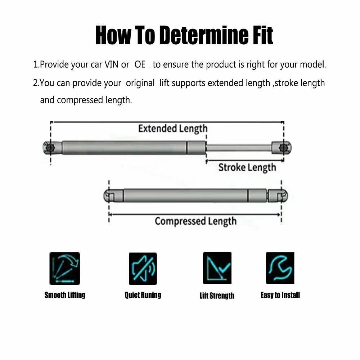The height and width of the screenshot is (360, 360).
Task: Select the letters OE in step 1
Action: click(x=140, y=65)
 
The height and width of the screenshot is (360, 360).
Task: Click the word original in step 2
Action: click(x=140, y=83)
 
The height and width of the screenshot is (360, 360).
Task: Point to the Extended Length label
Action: click(x=173, y=129)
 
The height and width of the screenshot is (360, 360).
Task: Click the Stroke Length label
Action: click(x=247, y=167)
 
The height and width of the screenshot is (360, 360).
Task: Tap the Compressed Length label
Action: click(x=195, y=221)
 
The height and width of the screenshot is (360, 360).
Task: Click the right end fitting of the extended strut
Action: click(x=285, y=147)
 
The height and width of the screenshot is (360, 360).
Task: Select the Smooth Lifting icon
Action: click(x=64, y=268)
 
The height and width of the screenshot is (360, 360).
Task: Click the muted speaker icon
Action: click(x=143, y=268)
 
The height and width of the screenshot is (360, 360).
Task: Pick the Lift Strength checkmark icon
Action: click(x=217, y=268)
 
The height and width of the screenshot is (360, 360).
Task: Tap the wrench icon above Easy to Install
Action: click(x=280, y=268)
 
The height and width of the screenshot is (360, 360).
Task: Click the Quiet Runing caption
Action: click(x=143, y=295)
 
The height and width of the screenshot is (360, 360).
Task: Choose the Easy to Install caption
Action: click(x=280, y=295)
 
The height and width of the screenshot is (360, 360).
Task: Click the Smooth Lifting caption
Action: click(x=65, y=295)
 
